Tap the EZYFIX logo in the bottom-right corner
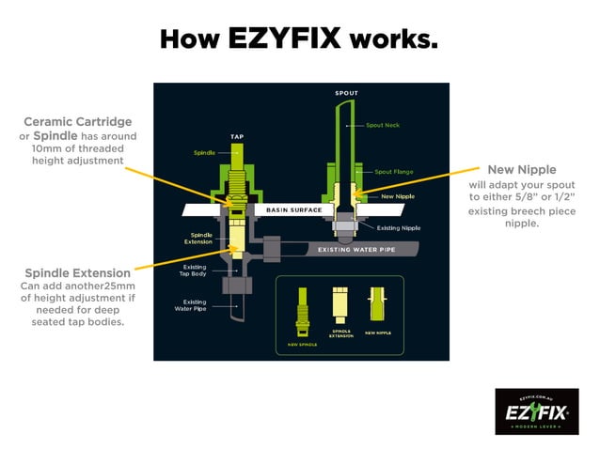pos(536,410)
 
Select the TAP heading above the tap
pos(238,136)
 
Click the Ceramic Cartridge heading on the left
pos(78,121)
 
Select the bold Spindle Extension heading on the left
pos(78,272)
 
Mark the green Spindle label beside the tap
pos(204,152)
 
